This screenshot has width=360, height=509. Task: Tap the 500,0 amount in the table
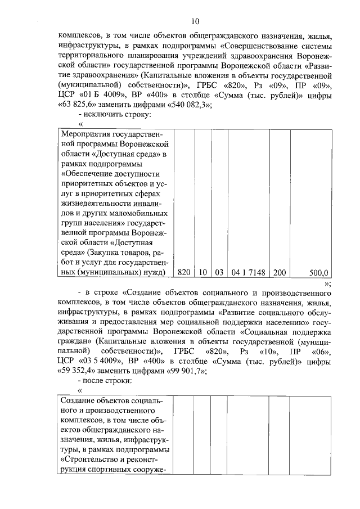(x=318, y=272)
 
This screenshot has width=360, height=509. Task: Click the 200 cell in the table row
(x=280, y=272)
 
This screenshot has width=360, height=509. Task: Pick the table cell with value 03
(x=219, y=272)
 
